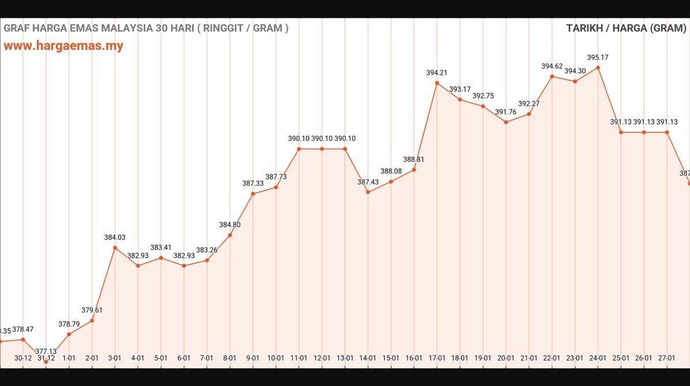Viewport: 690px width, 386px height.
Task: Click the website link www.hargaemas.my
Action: pyautogui.click(x=63, y=46)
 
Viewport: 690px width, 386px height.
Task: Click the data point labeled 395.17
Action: pyautogui.click(x=598, y=67)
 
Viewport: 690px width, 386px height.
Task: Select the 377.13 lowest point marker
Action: pyautogui.click(x=46, y=361)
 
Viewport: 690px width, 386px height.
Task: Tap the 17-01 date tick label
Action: pyautogui.click(x=437, y=358)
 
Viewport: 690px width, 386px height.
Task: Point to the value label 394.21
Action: pyautogui.click(x=437, y=73)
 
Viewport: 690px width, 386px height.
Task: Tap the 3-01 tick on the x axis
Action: pyautogui.click(x=115, y=358)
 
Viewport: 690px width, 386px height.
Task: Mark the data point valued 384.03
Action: pyautogui.click(x=115, y=248)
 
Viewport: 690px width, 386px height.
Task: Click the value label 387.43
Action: pyautogui.click(x=368, y=182)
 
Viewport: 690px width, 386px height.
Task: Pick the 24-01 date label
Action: pyautogui.click(x=598, y=358)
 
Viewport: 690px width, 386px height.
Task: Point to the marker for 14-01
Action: pyautogui.click(x=368, y=192)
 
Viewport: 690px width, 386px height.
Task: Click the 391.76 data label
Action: pyautogui.click(x=506, y=112)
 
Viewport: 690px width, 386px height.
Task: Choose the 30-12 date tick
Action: pyautogui.click(x=23, y=358)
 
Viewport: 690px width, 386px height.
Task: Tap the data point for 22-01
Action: pyautogui.click(x=552, y=76)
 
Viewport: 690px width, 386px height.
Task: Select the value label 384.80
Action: pyautogui.click(x=230, y=225)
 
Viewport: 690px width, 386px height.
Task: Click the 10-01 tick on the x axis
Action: pyautogui.click(x=276, y=358)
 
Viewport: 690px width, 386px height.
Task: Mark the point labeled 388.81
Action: pyautogui.click(x=414, y=169)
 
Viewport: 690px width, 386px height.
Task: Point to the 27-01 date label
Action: pyautogui.click(x=667, y=358)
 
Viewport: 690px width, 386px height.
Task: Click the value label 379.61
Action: pyautogui.click(x=92, y=310)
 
